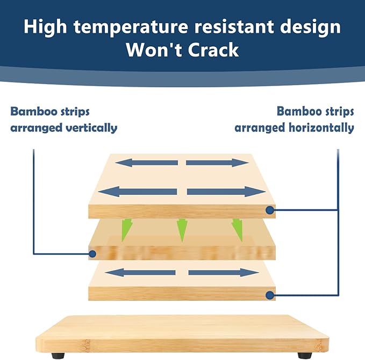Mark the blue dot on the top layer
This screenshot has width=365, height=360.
[269, 210]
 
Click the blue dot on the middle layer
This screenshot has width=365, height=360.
[92, 253]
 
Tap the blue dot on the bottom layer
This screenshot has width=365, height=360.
[269, 294]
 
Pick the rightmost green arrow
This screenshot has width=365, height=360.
[237, 230]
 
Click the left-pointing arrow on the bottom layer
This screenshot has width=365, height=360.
[141, 272]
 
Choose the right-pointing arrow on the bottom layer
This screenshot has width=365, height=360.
[224, 272]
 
